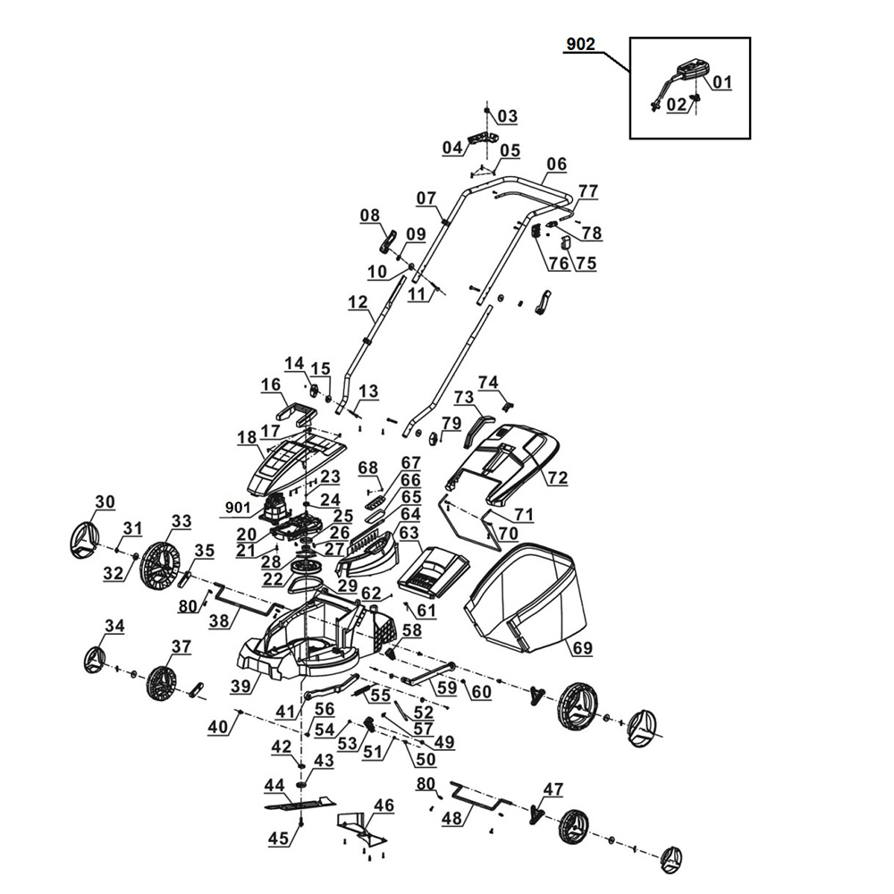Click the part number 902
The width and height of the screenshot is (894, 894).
pos(581,45)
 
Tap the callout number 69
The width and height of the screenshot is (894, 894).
pos(583,648)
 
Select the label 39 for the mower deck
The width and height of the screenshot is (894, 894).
pos(240,686)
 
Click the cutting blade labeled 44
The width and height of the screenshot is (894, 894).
pos(300,805)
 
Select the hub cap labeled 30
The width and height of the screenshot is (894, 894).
pos(84,541)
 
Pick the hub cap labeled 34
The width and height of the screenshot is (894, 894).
pos(94,661)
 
